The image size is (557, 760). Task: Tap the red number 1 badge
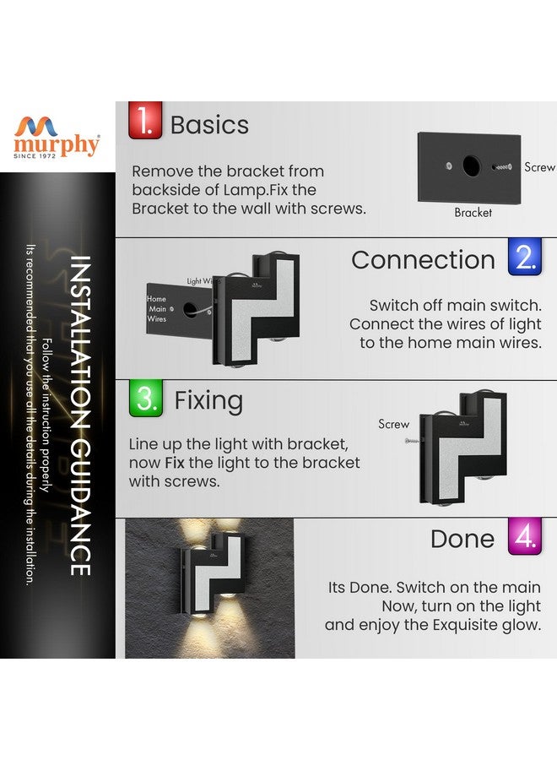tap(144, 120)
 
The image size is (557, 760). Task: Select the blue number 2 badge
tap(525, 257)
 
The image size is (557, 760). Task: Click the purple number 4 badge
tap(524, 536)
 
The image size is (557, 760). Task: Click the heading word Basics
tap(209, 125)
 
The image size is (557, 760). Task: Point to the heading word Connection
tap(423, 260)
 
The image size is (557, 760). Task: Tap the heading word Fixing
tap(208, 400)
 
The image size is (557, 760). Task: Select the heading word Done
tap(462, 540)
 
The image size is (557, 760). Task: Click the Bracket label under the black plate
tap(473, 213)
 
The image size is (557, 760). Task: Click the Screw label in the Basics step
tap(539, 167)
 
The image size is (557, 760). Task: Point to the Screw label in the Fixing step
tap(393, 424)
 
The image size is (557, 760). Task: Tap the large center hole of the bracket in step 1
tap(470, 166)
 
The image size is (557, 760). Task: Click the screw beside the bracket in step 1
tap(505, 167)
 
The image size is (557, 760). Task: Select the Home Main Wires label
tap(157, 309)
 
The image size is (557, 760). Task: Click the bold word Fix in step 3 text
tap(175, 463)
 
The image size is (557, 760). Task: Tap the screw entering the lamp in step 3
tap(411, 441)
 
